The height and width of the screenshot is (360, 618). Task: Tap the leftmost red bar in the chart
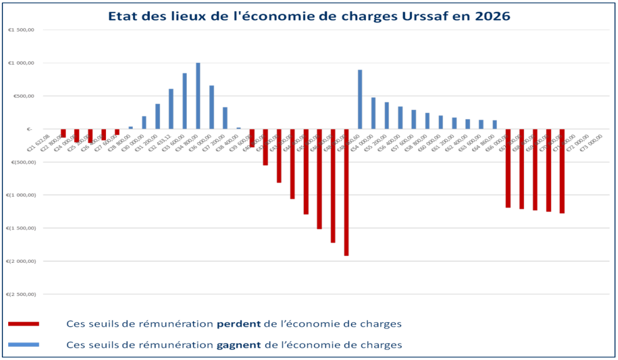pyautogui.click(x=63, y=134)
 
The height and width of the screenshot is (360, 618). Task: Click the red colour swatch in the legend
pyautogui.click(x=24, y=324)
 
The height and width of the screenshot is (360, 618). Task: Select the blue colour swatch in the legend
pyautogui.click(x=24, y=344)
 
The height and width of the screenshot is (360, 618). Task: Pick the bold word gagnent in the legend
pyautogui.click(x=239, y=345)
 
